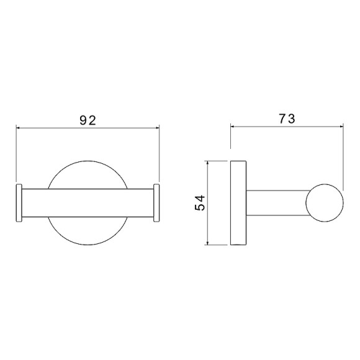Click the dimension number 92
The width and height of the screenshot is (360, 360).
(x=88, y=120)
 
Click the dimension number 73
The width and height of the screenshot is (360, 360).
(x=287, y=119)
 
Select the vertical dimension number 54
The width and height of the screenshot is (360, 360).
(x=200, y=203)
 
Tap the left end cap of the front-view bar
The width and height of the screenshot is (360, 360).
(x=19, y=203)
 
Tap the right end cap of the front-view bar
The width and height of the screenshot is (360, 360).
(x=156, y=203)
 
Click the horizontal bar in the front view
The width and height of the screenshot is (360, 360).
(x=88, y=203)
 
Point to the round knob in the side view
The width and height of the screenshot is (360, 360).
(x=325, y=203)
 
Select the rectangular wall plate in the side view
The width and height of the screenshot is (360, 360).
(x=238, y=203)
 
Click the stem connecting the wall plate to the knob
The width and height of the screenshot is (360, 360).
(x=277, y=203)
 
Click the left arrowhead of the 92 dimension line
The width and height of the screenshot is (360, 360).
(x=18, y=128)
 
